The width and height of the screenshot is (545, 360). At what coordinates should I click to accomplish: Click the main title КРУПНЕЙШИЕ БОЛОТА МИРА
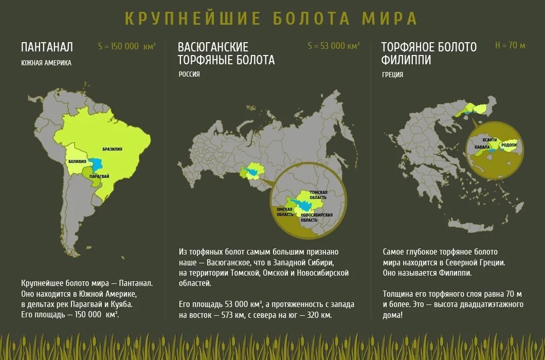click(271, 19)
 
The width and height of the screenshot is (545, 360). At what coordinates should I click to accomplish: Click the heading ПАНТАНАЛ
click(47, 47)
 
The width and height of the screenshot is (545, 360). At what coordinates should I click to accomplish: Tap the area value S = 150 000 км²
click(126, 46)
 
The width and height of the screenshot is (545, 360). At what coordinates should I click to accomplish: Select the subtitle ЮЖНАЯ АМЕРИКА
click(46, 63)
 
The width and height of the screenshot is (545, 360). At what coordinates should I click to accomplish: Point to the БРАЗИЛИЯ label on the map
click(112, 149)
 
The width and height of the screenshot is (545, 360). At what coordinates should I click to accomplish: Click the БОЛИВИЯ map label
click(77, 161)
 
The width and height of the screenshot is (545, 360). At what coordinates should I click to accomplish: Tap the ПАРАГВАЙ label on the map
click(99, 176)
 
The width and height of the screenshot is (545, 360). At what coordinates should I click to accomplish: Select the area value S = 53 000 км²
click(333, 46)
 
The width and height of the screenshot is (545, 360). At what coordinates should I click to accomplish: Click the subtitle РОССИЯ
click(189, 74)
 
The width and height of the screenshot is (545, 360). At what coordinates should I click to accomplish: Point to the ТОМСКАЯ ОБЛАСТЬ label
click(318, 194)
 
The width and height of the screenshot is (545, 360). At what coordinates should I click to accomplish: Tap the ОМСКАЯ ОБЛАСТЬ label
click(285, 211)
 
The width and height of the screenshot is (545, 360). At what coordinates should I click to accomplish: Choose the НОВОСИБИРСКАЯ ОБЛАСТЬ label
click(317, 217)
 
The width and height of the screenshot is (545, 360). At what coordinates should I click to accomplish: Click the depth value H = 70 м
click(510, 46)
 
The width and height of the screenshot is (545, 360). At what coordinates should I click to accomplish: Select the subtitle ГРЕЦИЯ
click(392, 75)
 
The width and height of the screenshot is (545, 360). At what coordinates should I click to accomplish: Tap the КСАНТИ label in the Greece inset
click(489, 140)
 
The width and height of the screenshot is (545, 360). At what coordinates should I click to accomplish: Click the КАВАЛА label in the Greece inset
click(482, 147)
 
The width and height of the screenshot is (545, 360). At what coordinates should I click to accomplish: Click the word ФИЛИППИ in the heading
click(406, 60)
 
